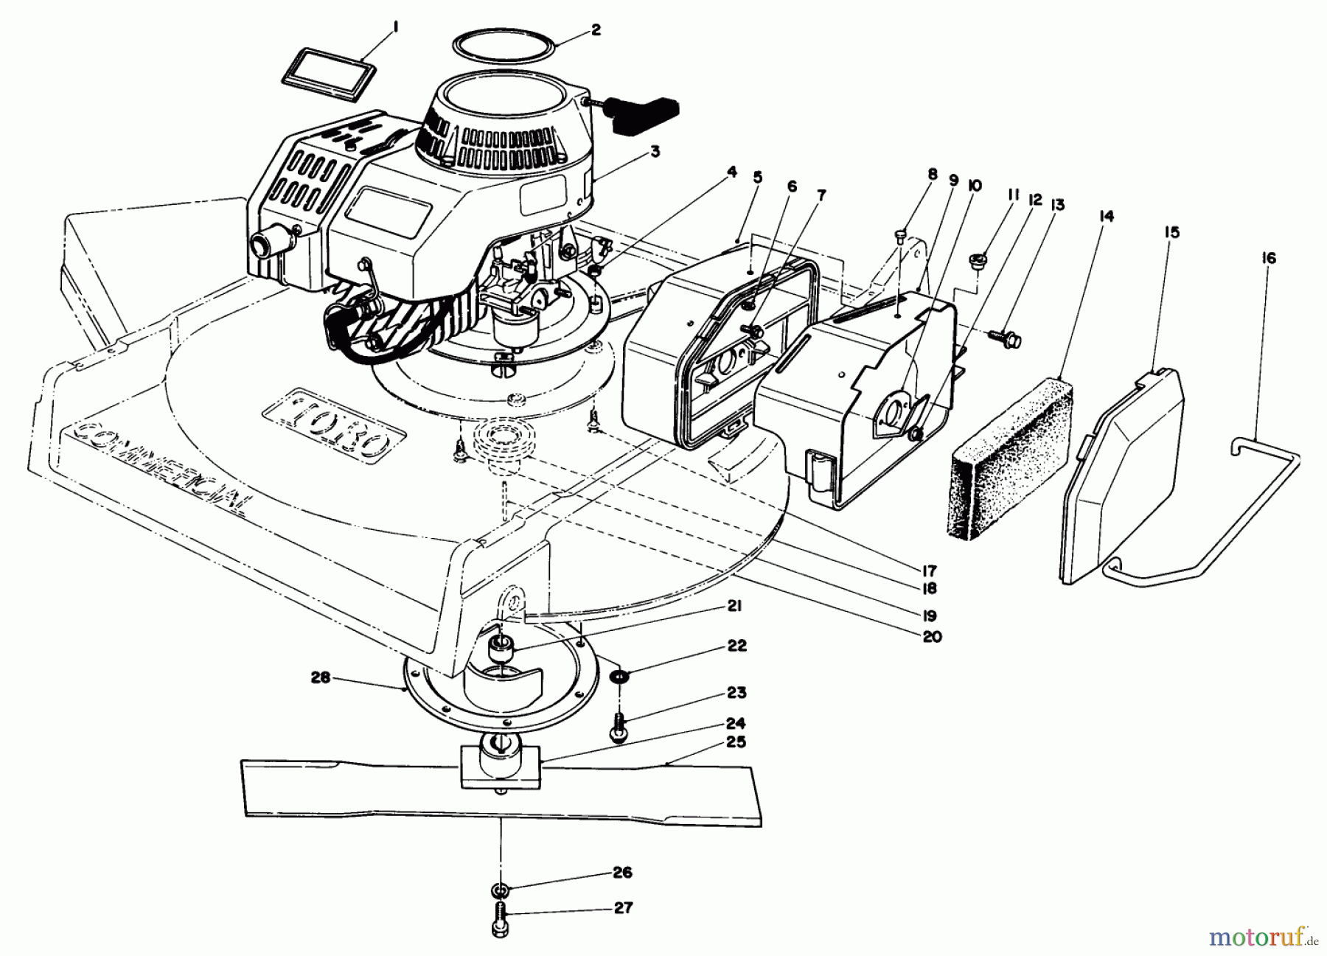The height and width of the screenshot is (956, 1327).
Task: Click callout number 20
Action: (x=932, y=636)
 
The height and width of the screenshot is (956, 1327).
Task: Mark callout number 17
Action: (x=927, y=571)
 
